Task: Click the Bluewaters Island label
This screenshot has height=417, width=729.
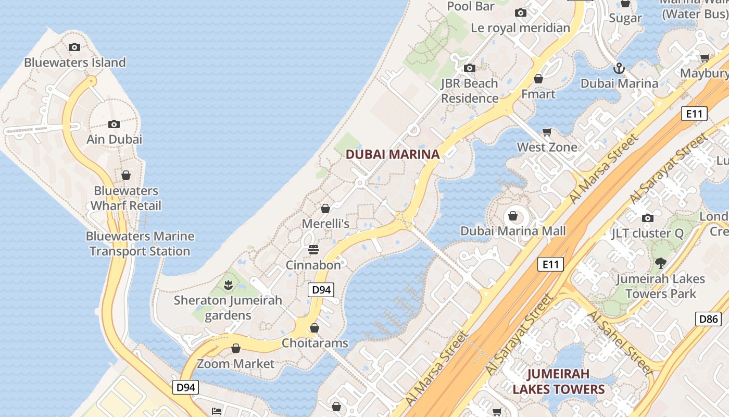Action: click(75, 63)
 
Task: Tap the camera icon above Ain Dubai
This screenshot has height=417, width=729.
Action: click(114, 124)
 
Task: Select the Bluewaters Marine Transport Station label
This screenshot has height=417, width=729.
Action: click(140, 243)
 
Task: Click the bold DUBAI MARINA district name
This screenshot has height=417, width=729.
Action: click(393, 154)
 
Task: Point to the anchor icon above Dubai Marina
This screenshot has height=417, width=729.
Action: click(619, 68)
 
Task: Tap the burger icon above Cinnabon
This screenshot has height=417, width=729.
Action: click(313, 250)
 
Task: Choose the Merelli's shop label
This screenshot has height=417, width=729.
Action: click(325, 224)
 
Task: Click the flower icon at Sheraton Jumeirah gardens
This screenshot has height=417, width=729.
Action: click(228, 285)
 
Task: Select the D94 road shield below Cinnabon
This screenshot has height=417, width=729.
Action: click(321, 290)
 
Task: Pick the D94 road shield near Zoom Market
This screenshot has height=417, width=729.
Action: click(186, 387)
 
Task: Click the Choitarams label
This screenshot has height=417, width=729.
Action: click(315, 343)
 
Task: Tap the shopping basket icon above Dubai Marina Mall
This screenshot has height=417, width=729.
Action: click(513, 216)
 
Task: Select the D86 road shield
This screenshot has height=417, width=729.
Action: click(708, 318)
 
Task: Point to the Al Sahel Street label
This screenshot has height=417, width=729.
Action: click(619, 343)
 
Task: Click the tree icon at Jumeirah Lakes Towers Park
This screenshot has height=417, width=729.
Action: click(661, 263)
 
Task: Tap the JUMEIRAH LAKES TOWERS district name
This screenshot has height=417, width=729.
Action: click(558, 382)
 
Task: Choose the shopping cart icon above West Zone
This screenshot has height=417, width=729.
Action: click(547, 132)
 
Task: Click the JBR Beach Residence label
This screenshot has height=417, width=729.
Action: click(470, 91)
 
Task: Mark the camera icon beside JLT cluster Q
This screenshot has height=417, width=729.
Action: click(647, 218)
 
